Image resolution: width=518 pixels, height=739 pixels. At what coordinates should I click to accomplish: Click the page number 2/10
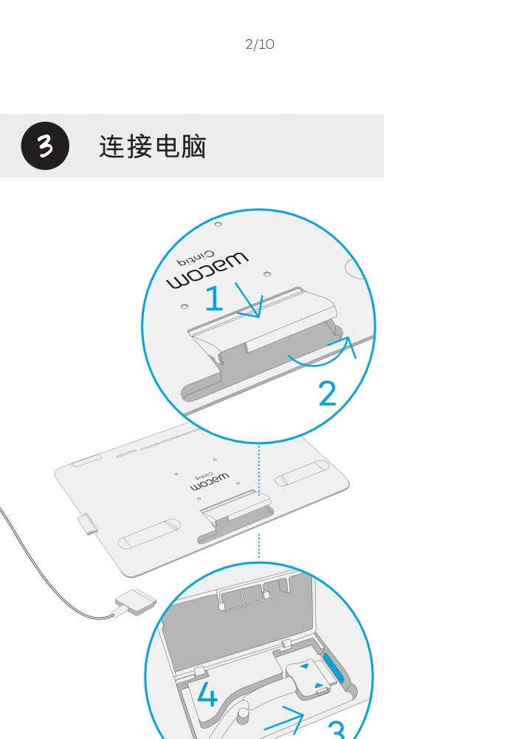[x=260, y=44]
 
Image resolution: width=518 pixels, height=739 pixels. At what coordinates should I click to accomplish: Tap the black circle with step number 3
[x=45, y=146]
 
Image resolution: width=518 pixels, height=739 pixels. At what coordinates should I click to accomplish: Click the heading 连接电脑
[x=153, y=146]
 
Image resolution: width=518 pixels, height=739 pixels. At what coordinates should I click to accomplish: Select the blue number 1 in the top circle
[x=214, y=298]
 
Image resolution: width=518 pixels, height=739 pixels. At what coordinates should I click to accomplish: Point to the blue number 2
[x=328, y=393]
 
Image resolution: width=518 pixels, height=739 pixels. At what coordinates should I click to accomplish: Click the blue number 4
[x=207, y=694]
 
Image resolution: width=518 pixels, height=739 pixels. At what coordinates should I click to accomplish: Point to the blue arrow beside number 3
[x=284, y=722]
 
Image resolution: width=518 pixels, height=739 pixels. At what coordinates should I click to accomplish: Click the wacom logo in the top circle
[x=207, y=271]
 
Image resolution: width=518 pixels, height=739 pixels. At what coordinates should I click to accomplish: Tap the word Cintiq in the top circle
[x=196, y=258]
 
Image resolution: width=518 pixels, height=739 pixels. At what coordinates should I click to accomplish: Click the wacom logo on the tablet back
[x=210, y=482]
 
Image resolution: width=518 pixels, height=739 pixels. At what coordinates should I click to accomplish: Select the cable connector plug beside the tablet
[x=136, y=602]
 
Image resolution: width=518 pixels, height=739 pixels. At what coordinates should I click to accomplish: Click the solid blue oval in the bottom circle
[x=334, y=667]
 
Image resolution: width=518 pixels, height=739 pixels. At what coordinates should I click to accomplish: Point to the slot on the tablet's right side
[x=302, y=473]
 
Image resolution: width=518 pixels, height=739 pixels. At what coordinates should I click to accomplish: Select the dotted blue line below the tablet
[x=259, y=546]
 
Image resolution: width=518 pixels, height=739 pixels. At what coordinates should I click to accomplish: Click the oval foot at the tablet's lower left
[x=149, y=534]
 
